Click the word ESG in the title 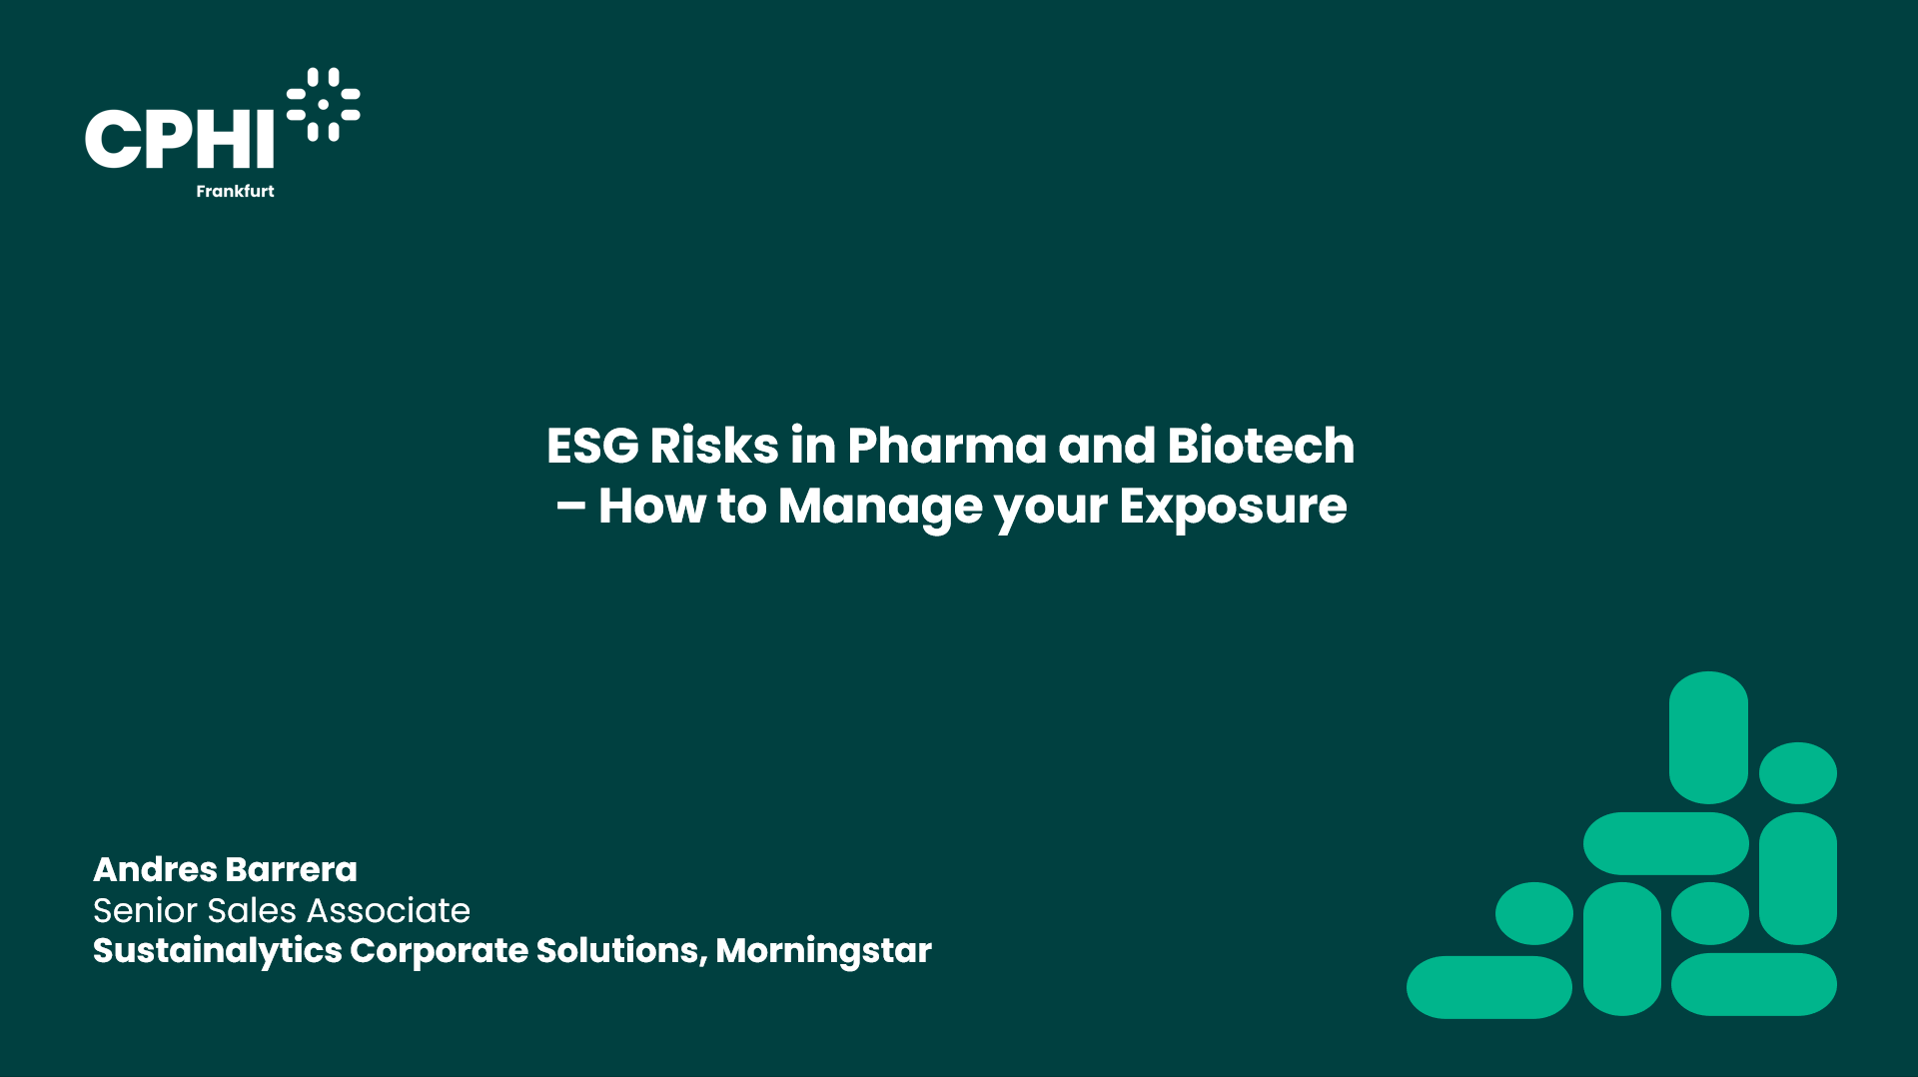[592, 446]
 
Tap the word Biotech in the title [1261, 446]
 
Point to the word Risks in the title [714, 446]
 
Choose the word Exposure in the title [1233, 508]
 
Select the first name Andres [155, 869]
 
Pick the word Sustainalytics [217, 951]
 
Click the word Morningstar [823, 951]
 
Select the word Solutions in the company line [621, 950]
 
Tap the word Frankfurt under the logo [235, 191]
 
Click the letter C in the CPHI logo [115, 139]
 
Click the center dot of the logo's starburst [324, 104]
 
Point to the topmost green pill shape [1708, 737]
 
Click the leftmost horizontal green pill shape [1488, 987]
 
